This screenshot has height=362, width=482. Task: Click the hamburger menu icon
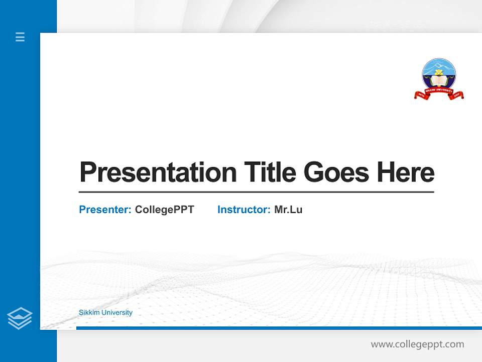tap(20, 37)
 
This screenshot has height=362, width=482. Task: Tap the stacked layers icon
tap(20, 318)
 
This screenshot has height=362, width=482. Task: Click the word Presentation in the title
tap(158, 172)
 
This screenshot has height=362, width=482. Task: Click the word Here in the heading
tap(406, 172)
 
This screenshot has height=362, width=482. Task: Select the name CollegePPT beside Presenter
tap(164, 210)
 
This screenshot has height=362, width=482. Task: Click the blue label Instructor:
tap(244, 210)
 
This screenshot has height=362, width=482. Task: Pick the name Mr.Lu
tap(288, 210)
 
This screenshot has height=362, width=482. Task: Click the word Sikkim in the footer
tap(89, 313)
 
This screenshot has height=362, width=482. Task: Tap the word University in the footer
tap(117, 313)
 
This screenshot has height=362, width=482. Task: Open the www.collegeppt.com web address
tap(417, 344)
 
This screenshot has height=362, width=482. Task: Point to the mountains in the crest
tap(439, 66)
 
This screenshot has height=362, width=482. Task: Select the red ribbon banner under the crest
tap(439, 94)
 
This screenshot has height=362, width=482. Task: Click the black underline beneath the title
tap(256, 192)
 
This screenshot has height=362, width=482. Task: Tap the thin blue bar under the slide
tap(279, 328)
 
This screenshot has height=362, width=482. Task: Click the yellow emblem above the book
tap(439, 74)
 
